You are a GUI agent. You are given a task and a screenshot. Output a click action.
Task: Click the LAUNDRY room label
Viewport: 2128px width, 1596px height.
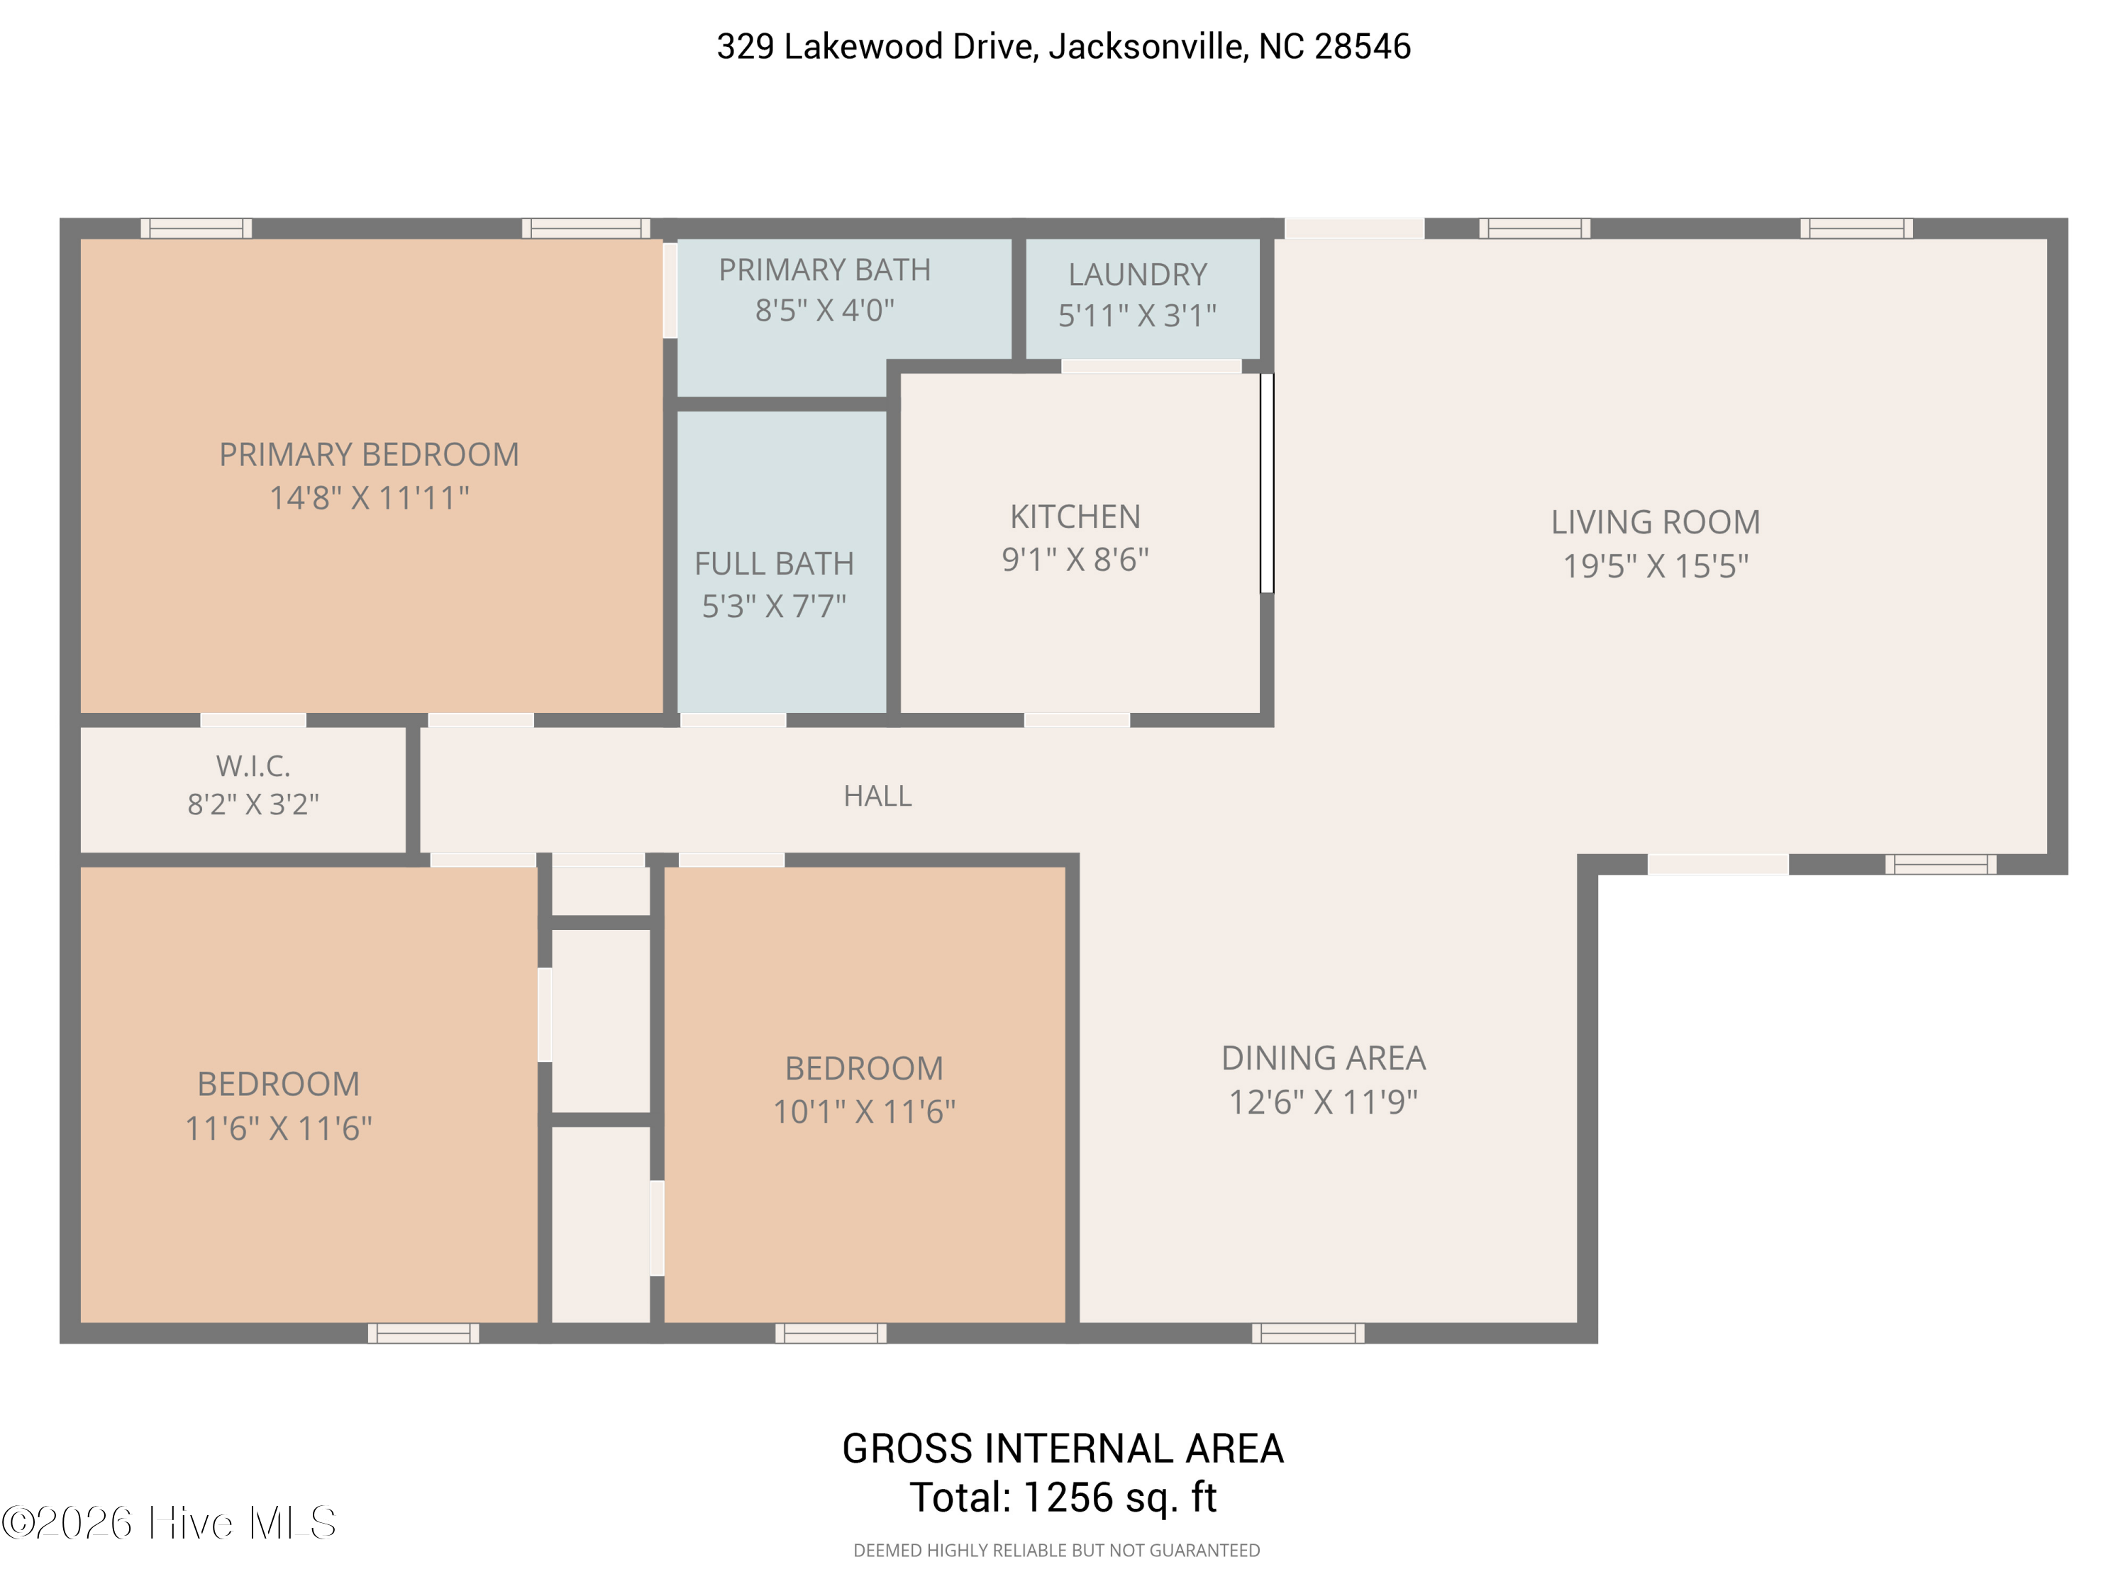point(1137,275)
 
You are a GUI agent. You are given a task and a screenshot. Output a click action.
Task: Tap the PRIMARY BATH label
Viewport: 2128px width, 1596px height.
point(824,270)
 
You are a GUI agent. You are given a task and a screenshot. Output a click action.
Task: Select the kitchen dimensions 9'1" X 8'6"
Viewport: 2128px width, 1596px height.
point(1075,559)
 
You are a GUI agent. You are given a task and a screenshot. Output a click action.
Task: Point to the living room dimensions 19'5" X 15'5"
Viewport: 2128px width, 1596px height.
point(1655,565)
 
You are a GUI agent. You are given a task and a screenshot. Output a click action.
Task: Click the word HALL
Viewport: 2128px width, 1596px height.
point(877,796)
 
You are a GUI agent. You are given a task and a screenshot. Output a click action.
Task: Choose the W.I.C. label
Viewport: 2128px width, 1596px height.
point(253,766)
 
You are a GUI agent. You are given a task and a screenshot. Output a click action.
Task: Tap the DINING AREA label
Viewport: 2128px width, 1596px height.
point(1323,1058)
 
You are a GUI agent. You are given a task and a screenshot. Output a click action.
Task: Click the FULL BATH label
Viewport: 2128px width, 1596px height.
point(773,564)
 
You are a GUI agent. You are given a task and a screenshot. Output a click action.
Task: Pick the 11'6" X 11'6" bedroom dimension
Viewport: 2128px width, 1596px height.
point(278,1128)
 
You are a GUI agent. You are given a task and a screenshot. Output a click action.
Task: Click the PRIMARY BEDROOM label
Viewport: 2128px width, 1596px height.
point(368,454)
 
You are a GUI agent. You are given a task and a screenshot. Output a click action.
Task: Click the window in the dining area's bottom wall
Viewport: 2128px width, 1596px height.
point(1307,1332)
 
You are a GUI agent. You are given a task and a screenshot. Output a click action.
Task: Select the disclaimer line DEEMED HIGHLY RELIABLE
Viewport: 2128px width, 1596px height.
point(1056,1550)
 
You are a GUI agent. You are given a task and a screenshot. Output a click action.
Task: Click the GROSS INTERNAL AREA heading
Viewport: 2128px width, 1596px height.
point(1062,1448)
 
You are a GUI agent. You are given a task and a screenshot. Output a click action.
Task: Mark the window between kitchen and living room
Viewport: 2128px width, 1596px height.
point(1267,483)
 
